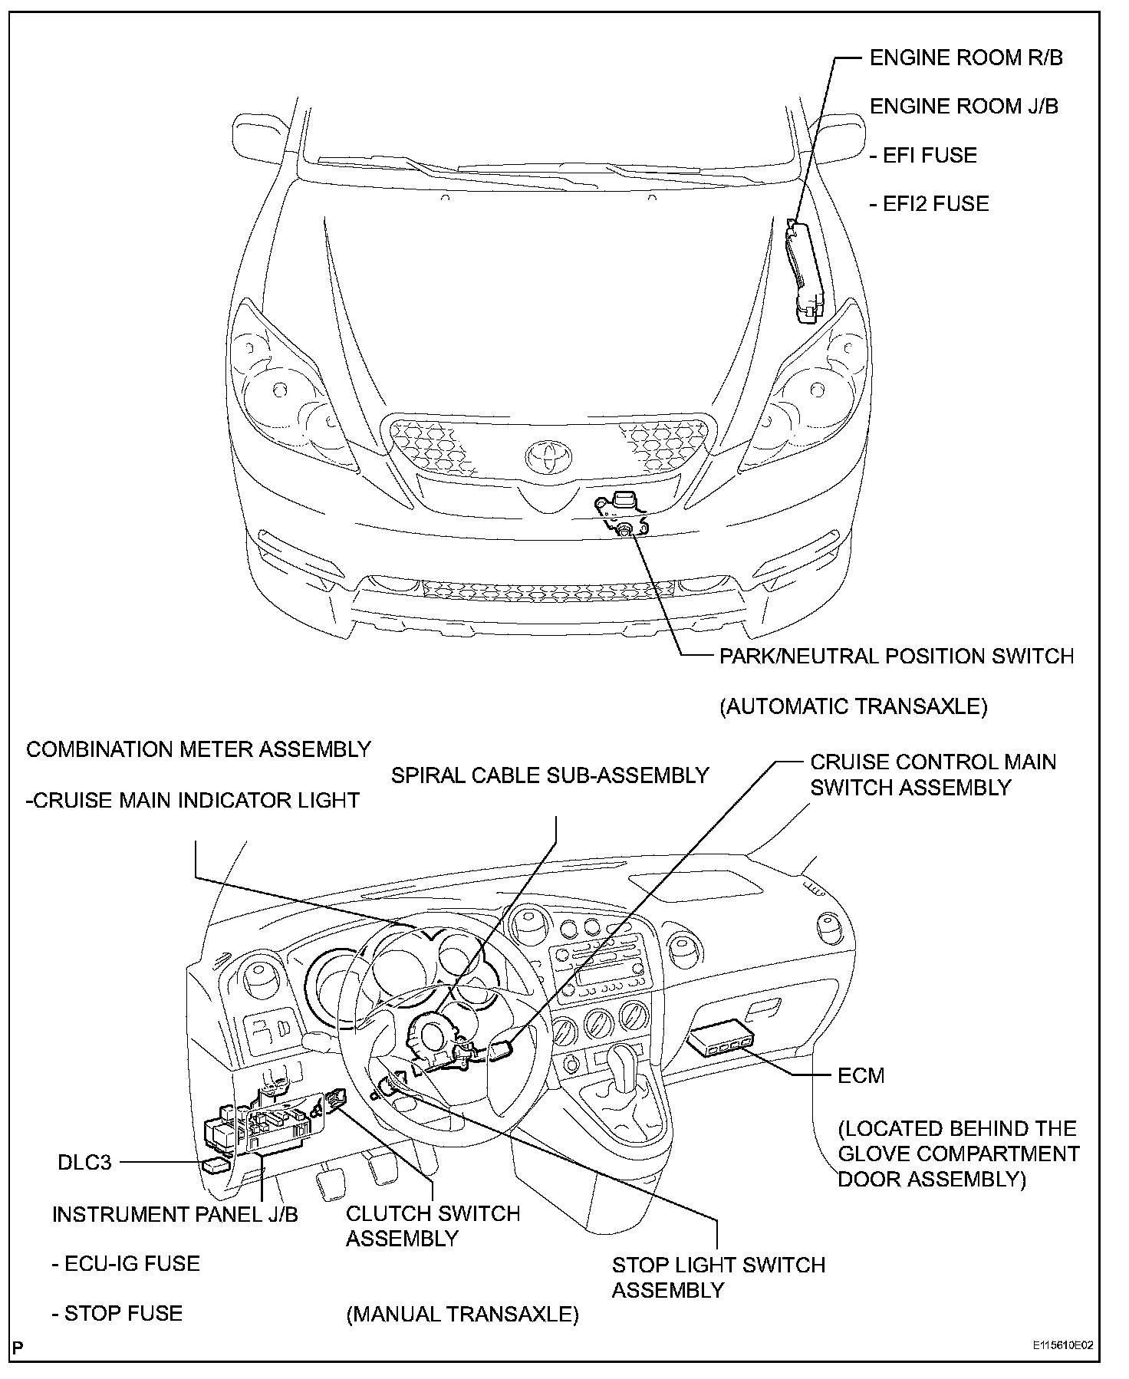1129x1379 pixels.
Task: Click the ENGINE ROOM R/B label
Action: pos(966,58)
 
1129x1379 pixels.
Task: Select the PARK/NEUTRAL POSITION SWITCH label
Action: pos(896,657)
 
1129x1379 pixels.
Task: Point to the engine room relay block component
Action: pos(804,272)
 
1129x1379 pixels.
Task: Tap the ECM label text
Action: pos(861,1076)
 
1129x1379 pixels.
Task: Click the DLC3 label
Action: pos(84,1163)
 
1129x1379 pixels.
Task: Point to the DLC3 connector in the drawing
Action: pos(215,1165)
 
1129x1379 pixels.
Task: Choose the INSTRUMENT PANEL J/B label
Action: pos(175,1215)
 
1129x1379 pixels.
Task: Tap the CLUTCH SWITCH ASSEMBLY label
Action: pos(433,1226)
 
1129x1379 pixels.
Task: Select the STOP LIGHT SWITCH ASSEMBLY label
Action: pos(718,1277)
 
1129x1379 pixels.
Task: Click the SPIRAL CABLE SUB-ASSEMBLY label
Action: pos(550,775)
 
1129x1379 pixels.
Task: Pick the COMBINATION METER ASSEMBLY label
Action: pos(199,749)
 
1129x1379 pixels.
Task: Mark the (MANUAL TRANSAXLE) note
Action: pos(462,1315)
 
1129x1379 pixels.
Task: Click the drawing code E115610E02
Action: pos(1062,1345)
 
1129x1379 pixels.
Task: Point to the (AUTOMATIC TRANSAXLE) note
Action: pos(853,706)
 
